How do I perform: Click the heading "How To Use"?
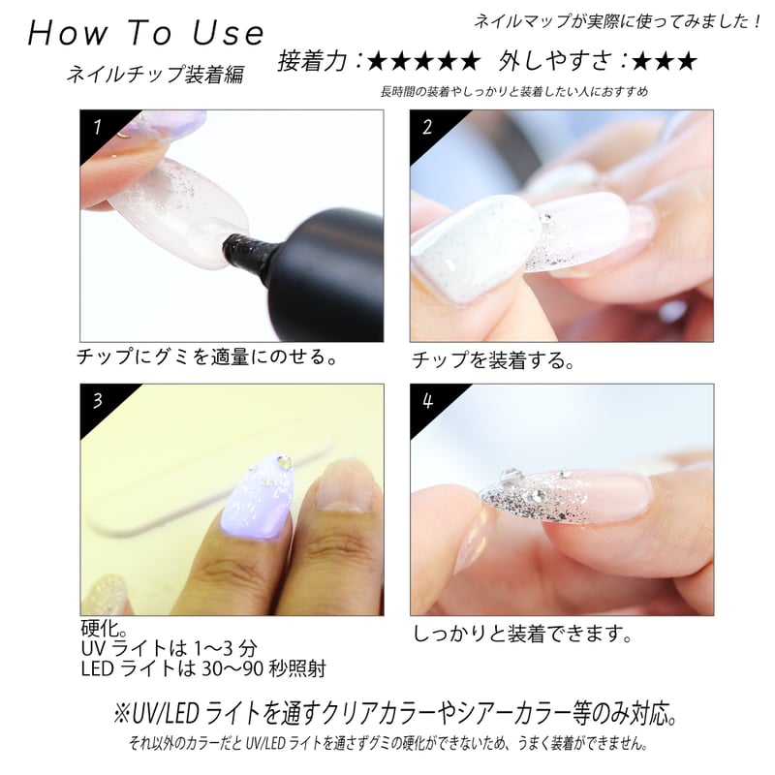pos(145,33)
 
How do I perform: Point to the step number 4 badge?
pos(427,401)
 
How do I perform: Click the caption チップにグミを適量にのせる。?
pos(207,358)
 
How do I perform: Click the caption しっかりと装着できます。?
pos(522,635)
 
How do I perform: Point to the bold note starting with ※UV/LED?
pos(387,716)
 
